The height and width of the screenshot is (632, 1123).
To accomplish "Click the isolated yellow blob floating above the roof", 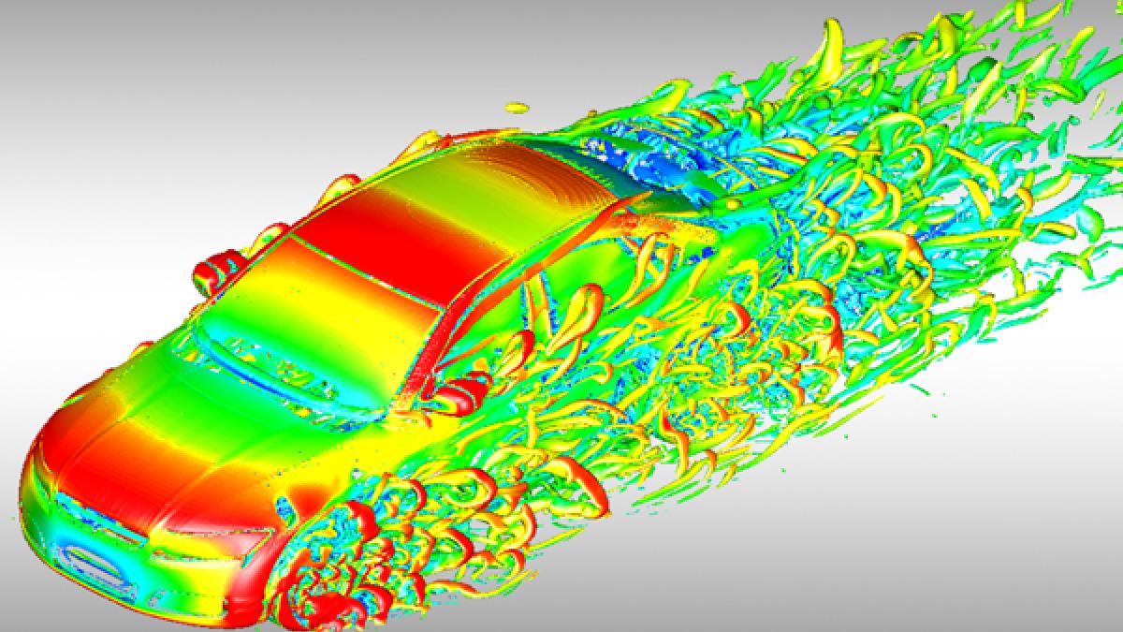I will click(x=515, y=106).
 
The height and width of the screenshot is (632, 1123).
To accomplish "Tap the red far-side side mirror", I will click(x=211, y=271).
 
